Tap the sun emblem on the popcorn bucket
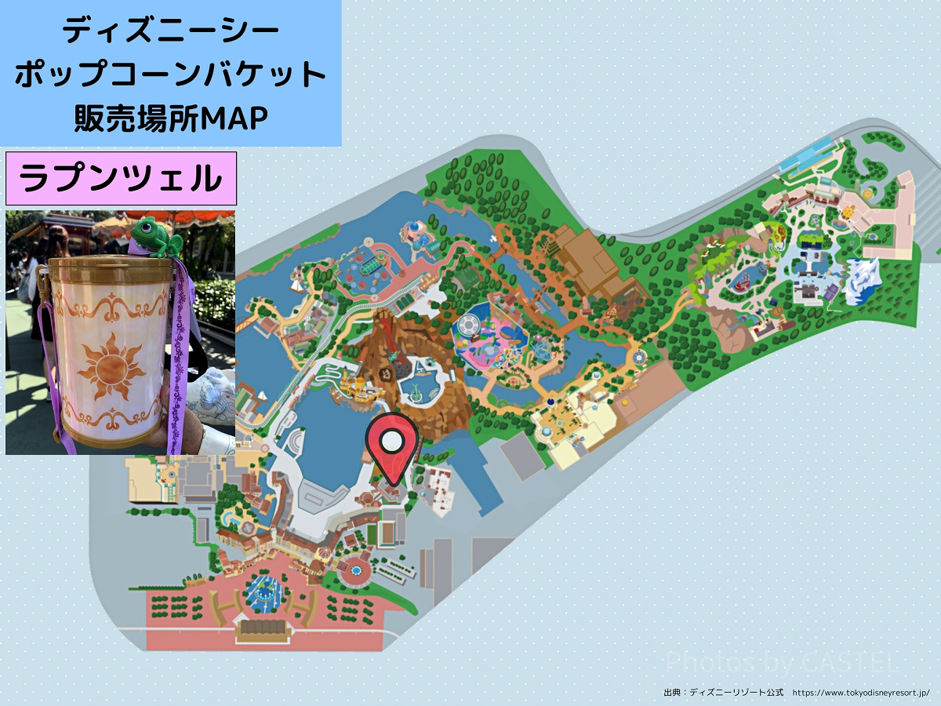tap(109, 363)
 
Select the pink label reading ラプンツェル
tap(121, 180)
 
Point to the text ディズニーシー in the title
tap(170, 32)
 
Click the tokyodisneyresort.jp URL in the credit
tap(861, 693)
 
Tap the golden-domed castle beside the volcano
tap(358, 384)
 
